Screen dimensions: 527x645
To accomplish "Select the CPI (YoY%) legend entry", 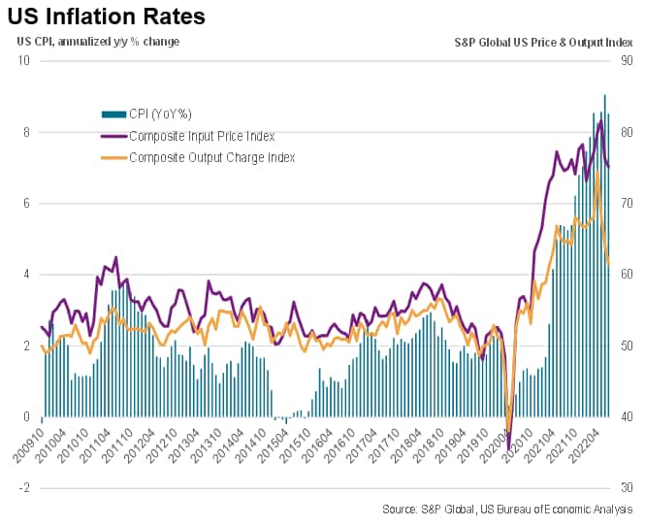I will point(160,114).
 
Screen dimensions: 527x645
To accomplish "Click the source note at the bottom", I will point(507,509).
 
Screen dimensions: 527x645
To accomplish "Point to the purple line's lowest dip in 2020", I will point(509,448).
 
